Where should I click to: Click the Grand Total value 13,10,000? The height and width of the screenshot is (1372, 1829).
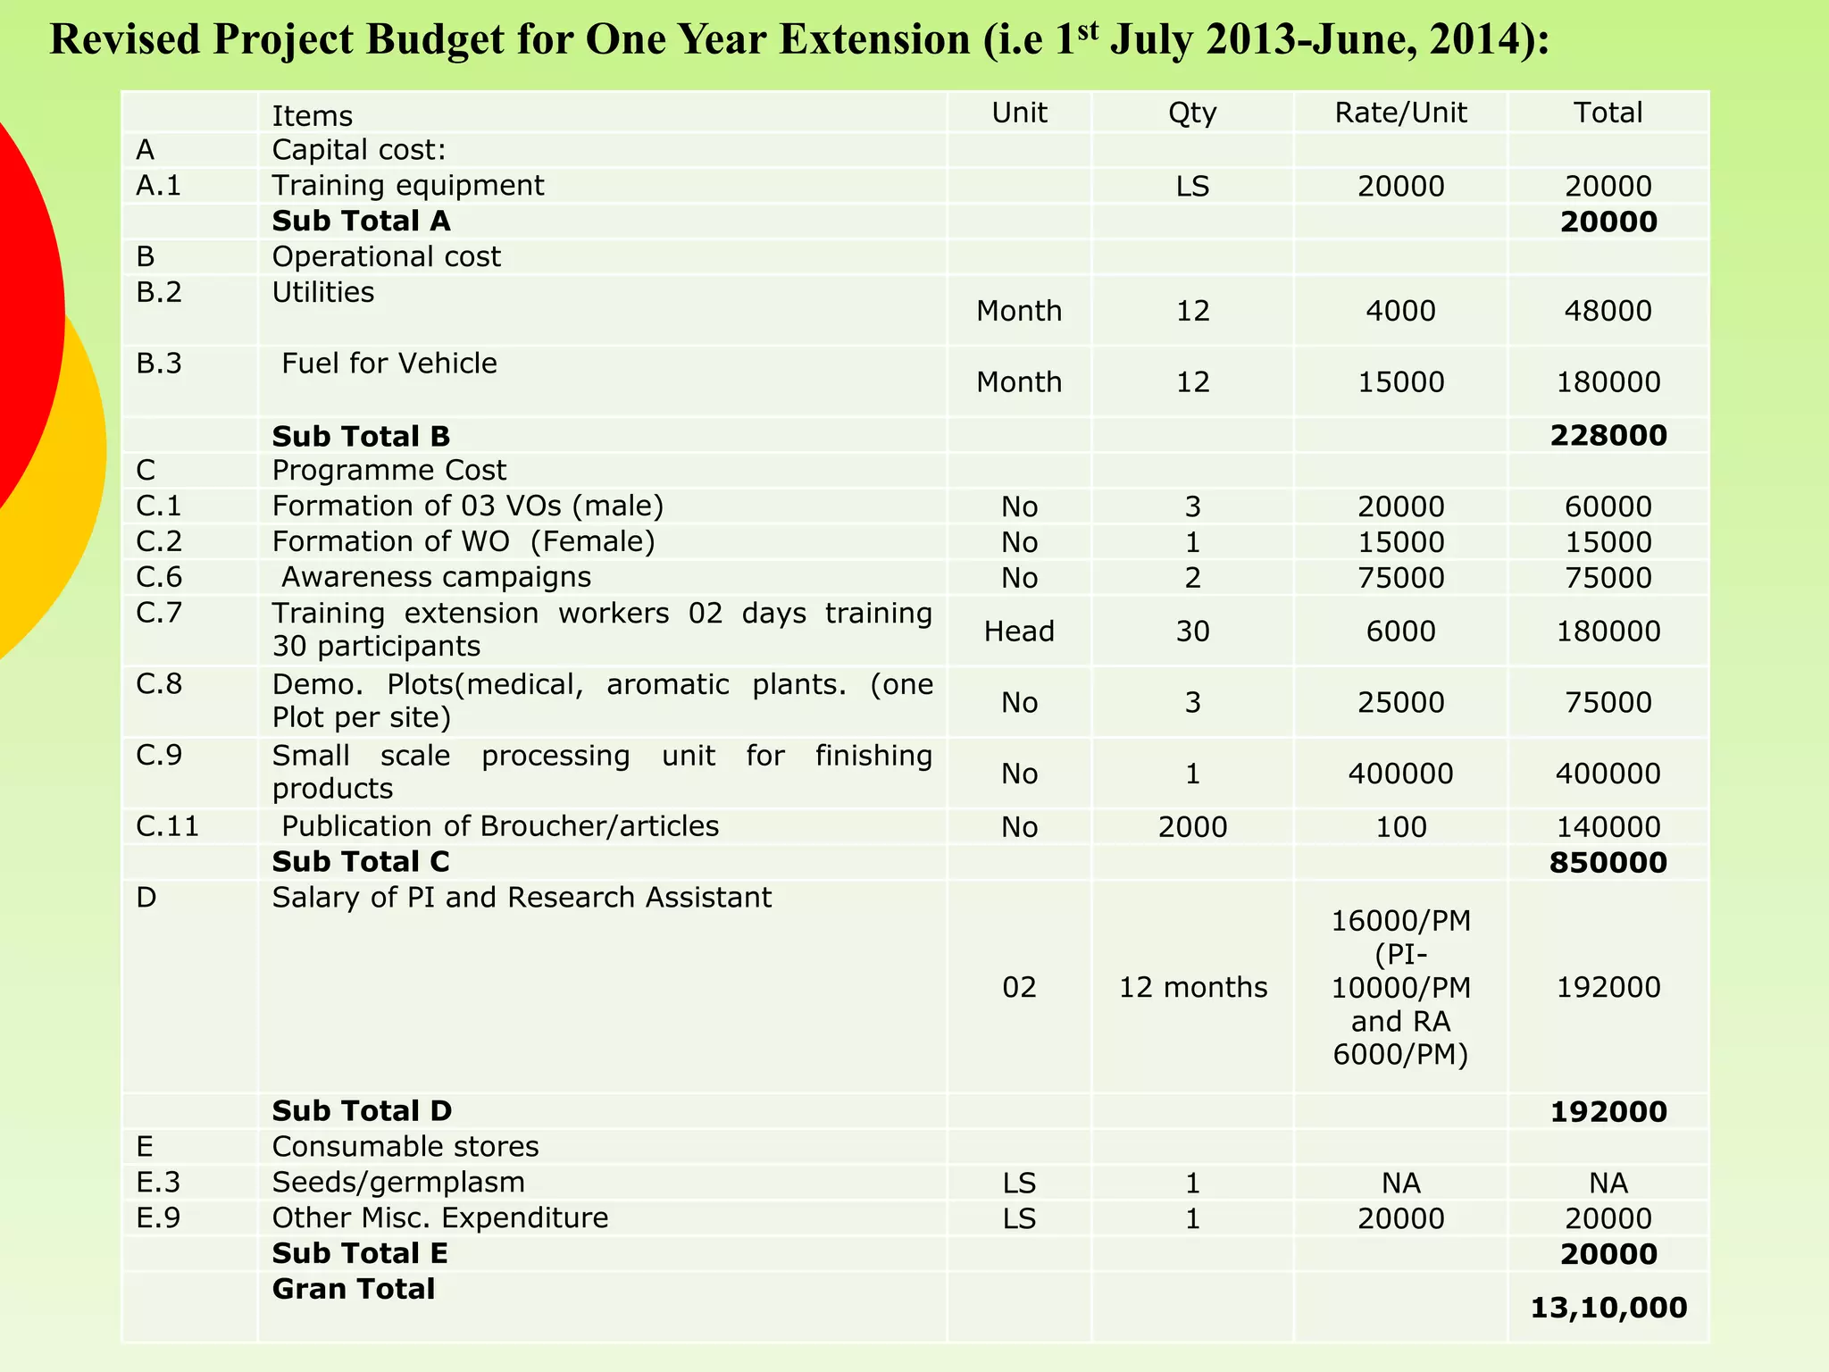coord(1608,1308)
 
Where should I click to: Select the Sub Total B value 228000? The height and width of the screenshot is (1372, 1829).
coord(1608,436)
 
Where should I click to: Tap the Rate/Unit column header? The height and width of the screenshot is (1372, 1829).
coord(1400,113)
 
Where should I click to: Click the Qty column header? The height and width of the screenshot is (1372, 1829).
coord(1192,113)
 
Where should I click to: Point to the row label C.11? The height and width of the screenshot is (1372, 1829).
coord(168,826)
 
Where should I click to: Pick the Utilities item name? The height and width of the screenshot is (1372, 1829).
coord(323,292)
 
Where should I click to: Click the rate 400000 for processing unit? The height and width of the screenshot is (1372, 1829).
coord(1400,774)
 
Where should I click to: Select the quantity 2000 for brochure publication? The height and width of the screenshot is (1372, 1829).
coord(1192,827)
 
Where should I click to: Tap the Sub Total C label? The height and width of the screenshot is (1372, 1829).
coord(361,862)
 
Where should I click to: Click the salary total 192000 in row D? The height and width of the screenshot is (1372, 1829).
coord(1608,987)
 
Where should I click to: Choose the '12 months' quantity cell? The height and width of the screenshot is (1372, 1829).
coord(1193,987)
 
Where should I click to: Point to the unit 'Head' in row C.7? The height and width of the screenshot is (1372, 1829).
coord(1019,632)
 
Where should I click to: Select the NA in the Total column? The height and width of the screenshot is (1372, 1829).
coord(1608,1184)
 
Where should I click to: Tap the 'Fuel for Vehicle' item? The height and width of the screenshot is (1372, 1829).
coord(389,364)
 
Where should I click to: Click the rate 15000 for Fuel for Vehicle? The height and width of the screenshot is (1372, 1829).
coord(1400,382)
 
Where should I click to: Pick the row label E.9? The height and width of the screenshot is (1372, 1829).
coord(159,1218)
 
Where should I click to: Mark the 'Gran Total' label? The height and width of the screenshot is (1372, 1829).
coord(354,1289)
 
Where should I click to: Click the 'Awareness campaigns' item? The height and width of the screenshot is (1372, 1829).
coord(436,577)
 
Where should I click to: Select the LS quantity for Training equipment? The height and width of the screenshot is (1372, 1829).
coord(1192,187)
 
